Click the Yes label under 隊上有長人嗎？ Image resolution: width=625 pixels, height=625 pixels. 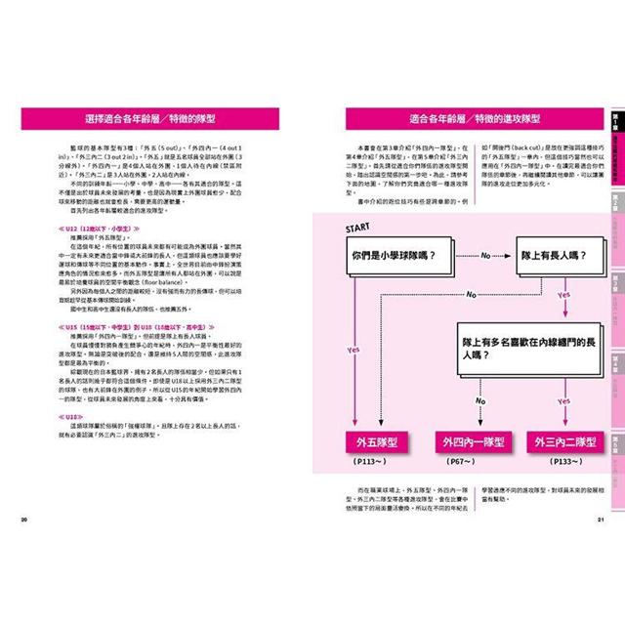562,293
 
